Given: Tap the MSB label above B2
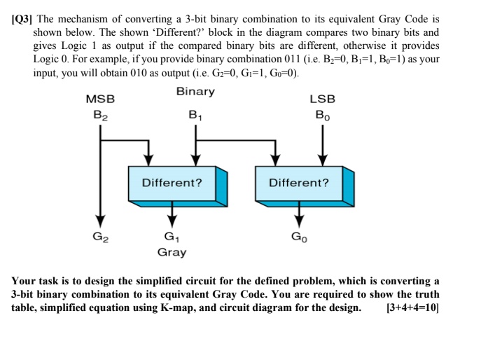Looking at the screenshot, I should coord(100,100).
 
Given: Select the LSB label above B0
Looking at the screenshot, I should coord(322,100).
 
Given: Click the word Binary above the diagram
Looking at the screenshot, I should coord(195,92).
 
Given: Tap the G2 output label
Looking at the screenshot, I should coord(101,237).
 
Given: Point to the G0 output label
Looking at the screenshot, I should coord(299,237).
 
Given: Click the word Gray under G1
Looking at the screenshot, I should coord(172,251).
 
